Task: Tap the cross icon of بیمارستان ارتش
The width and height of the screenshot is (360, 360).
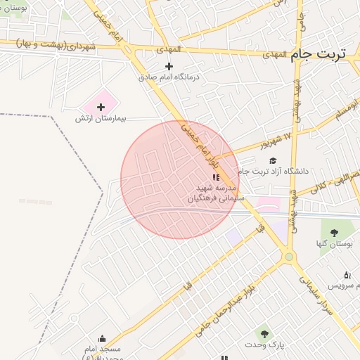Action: coord(101,107)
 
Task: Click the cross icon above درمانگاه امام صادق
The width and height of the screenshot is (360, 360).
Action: coord(169,66)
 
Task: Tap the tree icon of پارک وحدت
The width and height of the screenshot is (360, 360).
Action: coord(264,334)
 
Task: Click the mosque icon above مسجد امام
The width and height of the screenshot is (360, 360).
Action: coord(103,338)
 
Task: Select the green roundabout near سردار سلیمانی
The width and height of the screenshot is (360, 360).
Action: coord(288,257)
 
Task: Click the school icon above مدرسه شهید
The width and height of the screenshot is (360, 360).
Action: coord(215,179)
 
